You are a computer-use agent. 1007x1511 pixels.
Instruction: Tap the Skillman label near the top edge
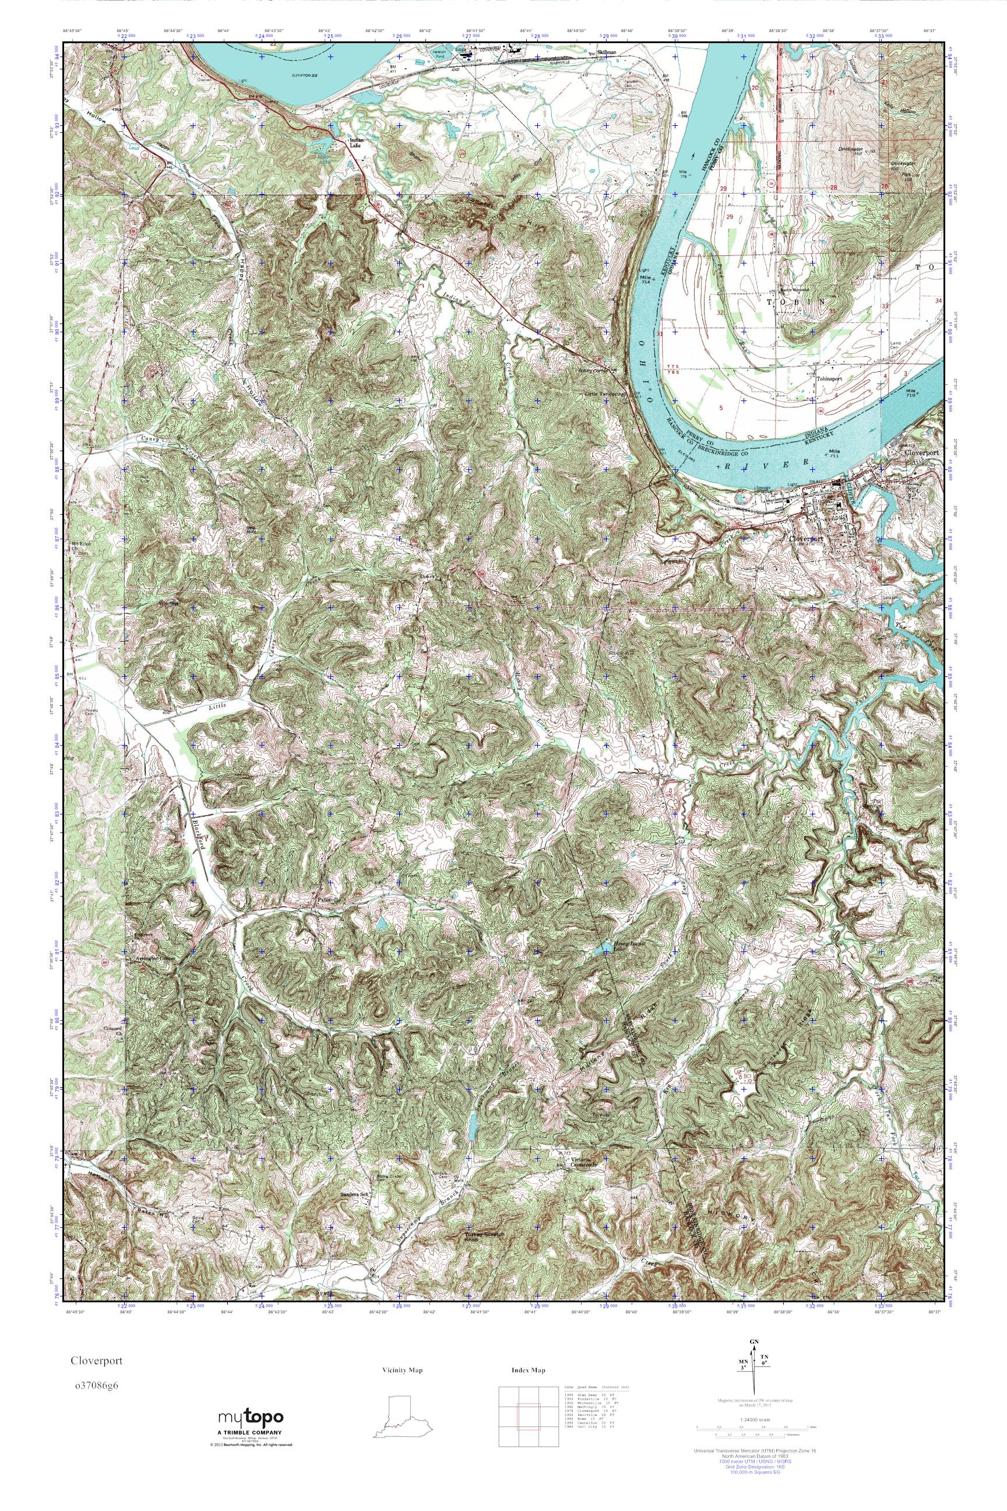(x=606, y=51)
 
